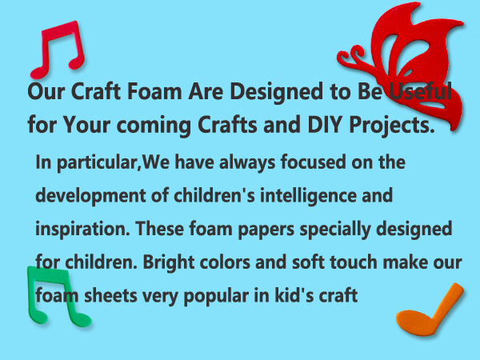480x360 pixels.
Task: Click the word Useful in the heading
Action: point(419,90)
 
